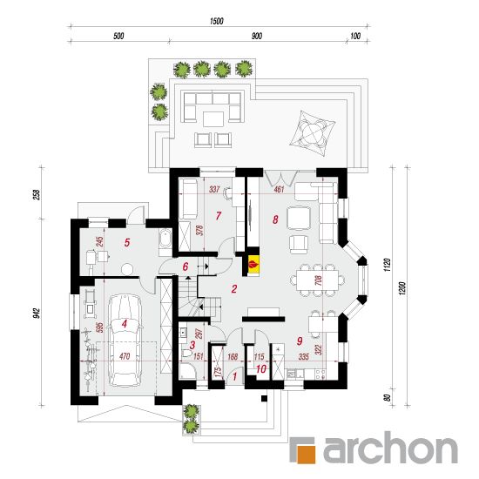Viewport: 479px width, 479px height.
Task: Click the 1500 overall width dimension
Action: [x=217, y=21]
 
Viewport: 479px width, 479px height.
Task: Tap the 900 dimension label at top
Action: [x=257, y=36]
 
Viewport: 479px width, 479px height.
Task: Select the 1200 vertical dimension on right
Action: [x=402, y=287]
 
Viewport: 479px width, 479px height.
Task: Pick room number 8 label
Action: [x=275, y=219]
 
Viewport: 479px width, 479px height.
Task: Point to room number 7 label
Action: [x=218, y=216]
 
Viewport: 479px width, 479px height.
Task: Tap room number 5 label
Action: [x=127, y=243]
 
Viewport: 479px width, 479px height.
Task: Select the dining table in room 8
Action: [x=317, y=280]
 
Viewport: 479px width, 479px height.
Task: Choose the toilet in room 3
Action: [x=186, y=354]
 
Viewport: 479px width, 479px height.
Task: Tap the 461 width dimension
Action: [x=279, y=189]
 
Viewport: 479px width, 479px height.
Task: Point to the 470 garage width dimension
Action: [x=125, y=356]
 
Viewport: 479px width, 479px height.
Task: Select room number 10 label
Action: [x=261, y=369]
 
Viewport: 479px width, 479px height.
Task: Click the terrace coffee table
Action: [x=214, y=119]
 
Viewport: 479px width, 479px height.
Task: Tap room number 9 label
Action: [x=300, y=341]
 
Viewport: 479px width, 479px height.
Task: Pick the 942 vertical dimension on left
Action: [x=36, y=314]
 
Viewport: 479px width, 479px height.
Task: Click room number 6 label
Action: [x=186, y=266]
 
